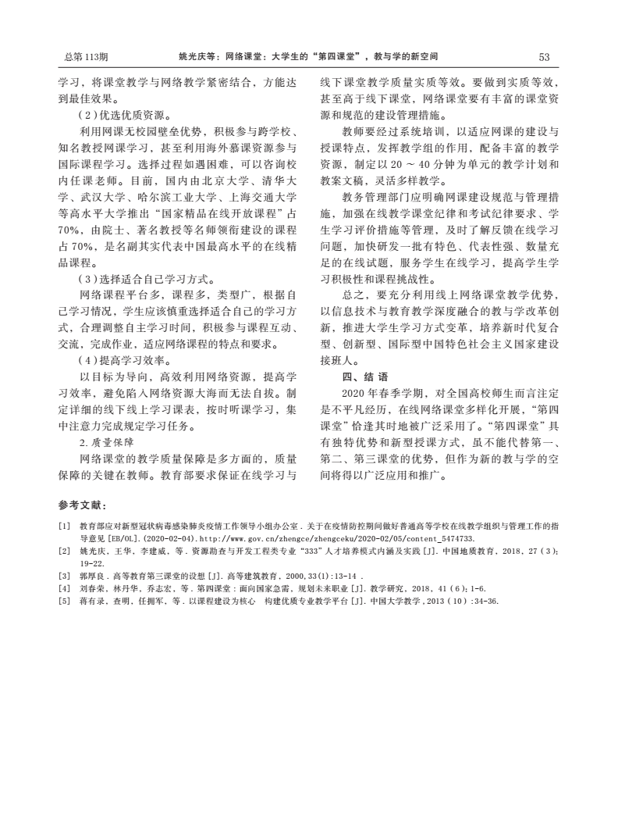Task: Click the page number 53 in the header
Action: pos(544,57)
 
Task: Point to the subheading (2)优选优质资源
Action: pos(126,115)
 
